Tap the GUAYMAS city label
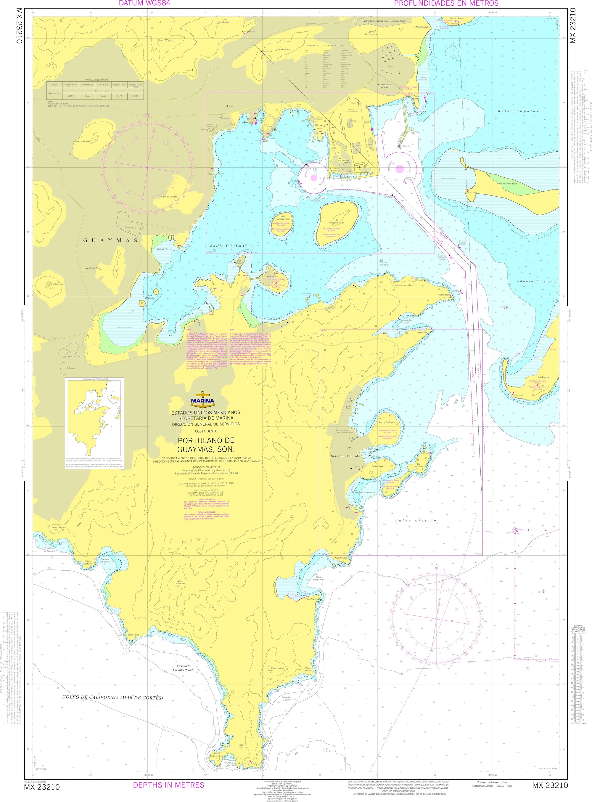[110, 240]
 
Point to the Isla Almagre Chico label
[283, 218]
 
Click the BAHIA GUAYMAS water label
[229, 246]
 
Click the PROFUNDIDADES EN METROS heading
[446, 4]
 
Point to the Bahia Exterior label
[417, 520]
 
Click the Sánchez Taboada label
[345, 456]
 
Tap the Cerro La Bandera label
[180, 583]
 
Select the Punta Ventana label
[341, 558]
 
